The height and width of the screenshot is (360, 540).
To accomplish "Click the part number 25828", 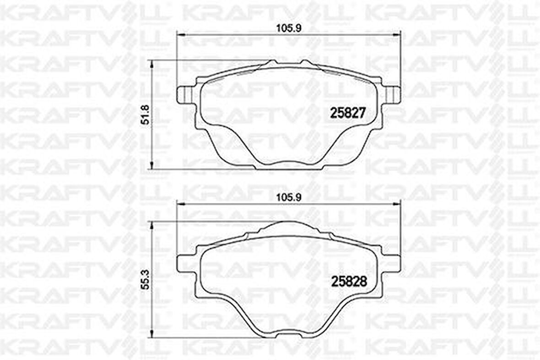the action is tap(349, 282).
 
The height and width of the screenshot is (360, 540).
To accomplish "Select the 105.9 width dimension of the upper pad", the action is tap(289, 28).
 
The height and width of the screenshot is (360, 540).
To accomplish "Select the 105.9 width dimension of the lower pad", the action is tap(289, 197).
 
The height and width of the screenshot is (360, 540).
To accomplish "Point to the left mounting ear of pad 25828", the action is tap(186, 264).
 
